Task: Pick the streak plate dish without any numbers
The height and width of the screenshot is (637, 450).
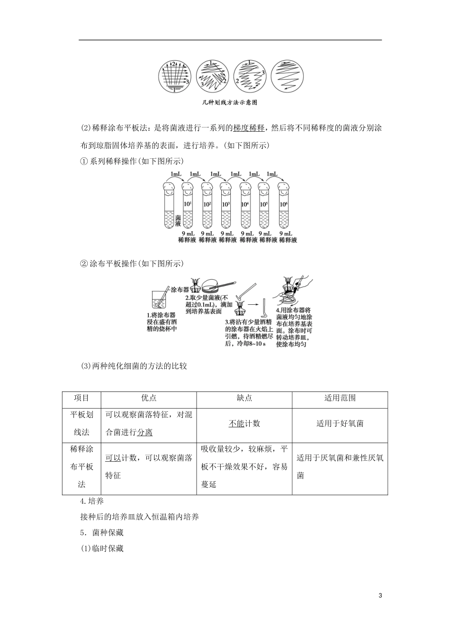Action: [287, 76]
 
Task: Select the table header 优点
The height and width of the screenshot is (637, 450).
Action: [149, 398]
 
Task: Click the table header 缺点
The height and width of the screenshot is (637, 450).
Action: [244, 398]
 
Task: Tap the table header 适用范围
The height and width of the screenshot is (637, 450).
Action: [340, 398]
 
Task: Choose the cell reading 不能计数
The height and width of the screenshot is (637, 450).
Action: [244, 423]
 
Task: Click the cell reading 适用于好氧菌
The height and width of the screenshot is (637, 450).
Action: [340, 423]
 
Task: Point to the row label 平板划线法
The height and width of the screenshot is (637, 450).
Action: [81, 423]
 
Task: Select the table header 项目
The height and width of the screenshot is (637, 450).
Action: [81, 398]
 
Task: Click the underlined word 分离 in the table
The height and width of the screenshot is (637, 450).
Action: [145, 432]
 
